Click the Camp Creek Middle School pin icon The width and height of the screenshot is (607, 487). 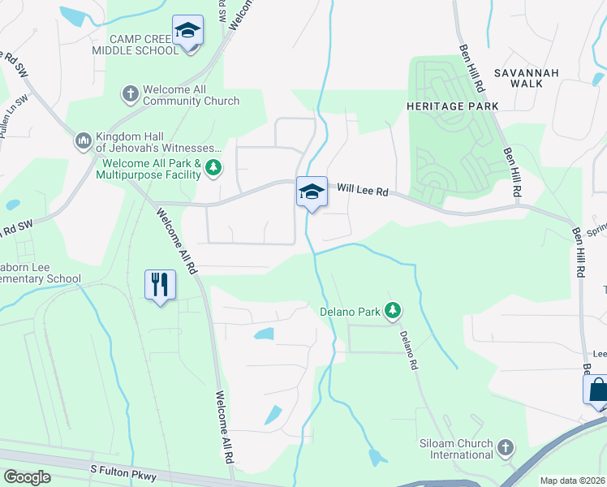pos(188,31)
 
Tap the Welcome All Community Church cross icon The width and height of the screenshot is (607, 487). pos(130,94)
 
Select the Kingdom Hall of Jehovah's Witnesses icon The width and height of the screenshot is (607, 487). pos(84,142)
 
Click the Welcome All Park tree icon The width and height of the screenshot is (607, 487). pos(213,168)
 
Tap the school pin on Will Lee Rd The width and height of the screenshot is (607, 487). pos(311,192)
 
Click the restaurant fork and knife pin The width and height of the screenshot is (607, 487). pos(160,285)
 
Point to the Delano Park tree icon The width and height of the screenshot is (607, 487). pos(393,309)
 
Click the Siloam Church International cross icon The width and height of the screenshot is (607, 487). pos(505,447)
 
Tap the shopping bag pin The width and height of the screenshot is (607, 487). pos(597,390)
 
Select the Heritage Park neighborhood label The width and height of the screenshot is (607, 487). pos(452,106)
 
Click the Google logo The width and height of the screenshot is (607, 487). pos(26,477)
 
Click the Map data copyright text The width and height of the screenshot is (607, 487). pos(571,481)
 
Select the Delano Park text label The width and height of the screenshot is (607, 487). pos(350,309)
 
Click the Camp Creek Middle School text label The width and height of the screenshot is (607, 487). pos(145,45)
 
